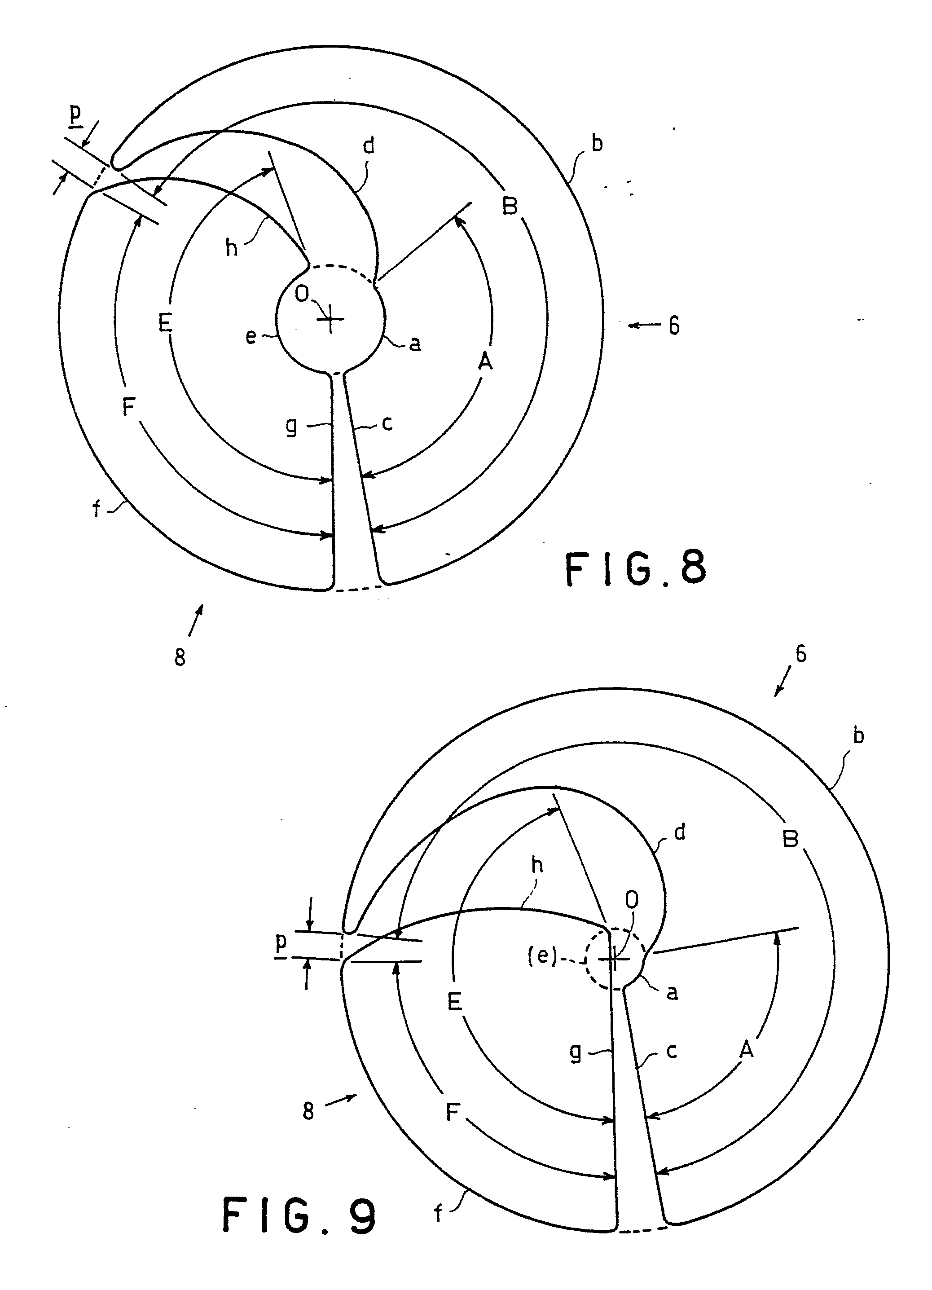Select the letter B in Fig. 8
(x=510, y=205)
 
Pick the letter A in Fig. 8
(x=485, y=361)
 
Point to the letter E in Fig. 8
(x=165, y=323)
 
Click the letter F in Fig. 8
(x=129, y=407)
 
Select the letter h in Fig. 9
(x=537, y=865)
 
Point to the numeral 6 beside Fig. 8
(x=674, y=326)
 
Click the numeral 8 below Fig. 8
(x=180, y=657)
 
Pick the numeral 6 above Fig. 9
(x=800, y=654)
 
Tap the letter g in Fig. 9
(x=576, y=1053)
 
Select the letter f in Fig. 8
(x=97, y=508)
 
